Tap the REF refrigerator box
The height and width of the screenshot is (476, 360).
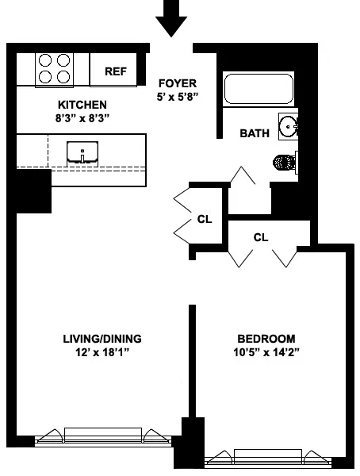click(116, 71)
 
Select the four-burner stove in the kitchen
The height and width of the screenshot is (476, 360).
click(54, 69)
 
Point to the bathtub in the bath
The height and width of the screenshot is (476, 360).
click(259, 89)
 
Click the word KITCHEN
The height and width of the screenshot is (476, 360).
click(82, 105)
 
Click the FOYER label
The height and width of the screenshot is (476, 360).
click(178, 83)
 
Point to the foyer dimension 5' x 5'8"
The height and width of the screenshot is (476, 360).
click(178, 97)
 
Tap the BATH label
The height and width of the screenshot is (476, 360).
click(255, 133)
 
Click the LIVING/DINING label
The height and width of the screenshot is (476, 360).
click(102, 338)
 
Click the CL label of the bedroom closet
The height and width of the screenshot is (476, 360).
click(261, 236)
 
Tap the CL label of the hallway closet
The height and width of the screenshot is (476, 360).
click(205, 219)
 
